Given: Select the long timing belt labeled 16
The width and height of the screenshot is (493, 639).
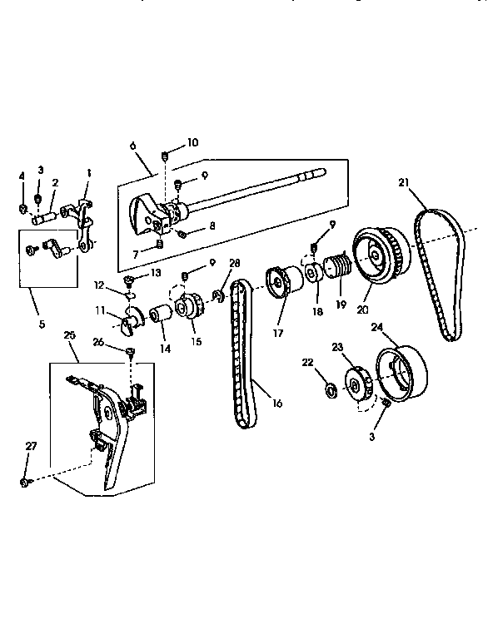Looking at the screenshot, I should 242,358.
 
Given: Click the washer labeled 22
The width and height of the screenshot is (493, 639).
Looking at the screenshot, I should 329,388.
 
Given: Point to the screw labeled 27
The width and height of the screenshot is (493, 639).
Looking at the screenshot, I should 26,482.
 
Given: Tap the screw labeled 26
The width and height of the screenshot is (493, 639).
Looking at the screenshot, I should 131,353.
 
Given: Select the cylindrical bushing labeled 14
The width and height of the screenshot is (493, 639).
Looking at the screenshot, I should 160,317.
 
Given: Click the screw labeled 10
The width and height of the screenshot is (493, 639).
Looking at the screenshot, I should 165,156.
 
